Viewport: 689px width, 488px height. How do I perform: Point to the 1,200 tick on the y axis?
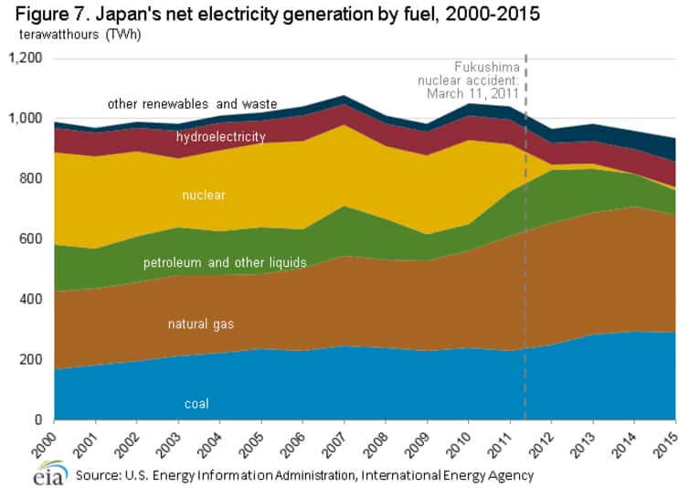pos(25,58)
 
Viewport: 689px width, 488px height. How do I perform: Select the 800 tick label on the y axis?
pos(32,179)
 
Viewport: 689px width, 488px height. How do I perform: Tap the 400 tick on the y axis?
pos(32,300)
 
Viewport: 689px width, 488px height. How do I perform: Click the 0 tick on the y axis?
pos(39,420)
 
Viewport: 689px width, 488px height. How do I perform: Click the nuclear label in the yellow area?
pos(203,195)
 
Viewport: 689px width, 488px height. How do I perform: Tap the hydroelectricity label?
pos(220,137)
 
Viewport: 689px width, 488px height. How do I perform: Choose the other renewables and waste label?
pos(192,104)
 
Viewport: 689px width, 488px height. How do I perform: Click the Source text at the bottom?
pos(304,475)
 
